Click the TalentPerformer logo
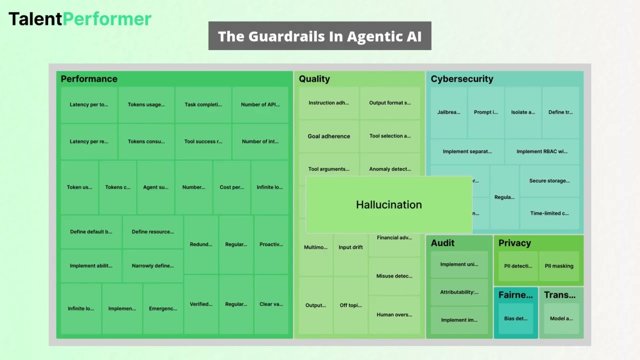[80, 19]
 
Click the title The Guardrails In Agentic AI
[319, 36]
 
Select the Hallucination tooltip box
[388, 204]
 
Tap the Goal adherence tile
[329, 136]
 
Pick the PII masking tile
[559, 266]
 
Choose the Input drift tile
[350, 247]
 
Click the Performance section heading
[89, 79]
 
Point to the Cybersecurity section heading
[462, 79]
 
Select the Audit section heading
[442, 243]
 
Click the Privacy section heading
[514, 243]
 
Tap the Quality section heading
[314, 79]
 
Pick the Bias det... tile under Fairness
[515, 318]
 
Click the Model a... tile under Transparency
[561, 318]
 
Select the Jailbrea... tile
[448, 112]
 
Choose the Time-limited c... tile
[549, 213]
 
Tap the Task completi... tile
[203, 105]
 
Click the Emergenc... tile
[163, 308]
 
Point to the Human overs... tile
[394, 314]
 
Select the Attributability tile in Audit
[459, 292]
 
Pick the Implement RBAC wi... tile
[542, 151]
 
